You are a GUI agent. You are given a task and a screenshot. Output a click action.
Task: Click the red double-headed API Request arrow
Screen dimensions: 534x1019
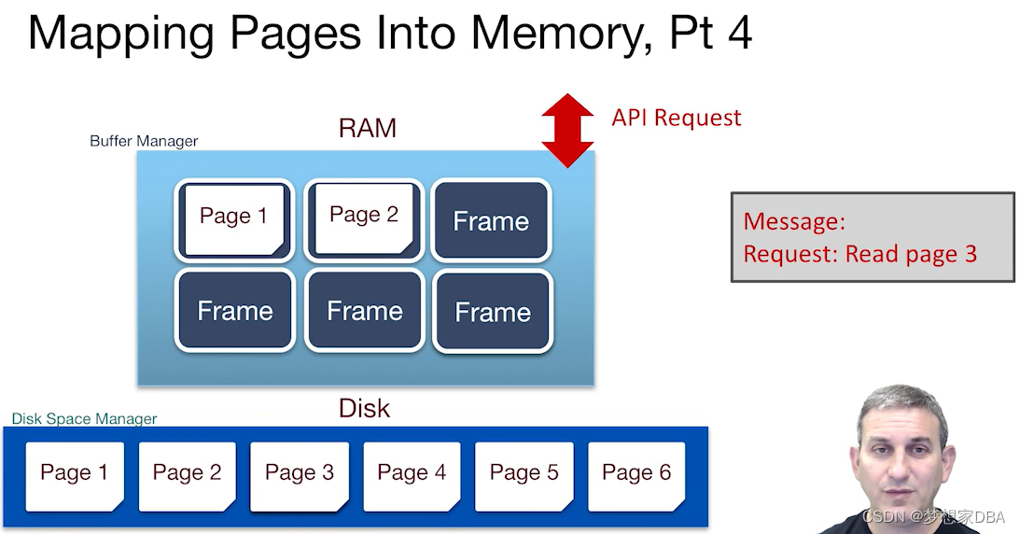tap(567, 131)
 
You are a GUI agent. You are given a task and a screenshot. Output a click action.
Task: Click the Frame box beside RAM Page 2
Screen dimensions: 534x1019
tap(491, 221)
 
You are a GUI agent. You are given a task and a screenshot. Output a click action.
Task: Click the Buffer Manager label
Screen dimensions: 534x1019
tap(144, 142)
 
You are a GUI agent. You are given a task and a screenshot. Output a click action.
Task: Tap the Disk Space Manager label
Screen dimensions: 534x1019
tap(84, 419)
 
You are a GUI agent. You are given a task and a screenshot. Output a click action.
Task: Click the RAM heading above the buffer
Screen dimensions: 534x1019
tap(368, 129)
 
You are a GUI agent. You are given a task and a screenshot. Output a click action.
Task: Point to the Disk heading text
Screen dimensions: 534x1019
tap(364, 409)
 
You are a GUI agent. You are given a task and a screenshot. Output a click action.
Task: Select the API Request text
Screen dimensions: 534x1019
tap(677, 118)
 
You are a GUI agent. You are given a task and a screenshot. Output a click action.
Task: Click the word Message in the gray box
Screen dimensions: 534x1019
tap(793, 222)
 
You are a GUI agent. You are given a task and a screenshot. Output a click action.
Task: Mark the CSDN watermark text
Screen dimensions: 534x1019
tap(933, 517)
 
